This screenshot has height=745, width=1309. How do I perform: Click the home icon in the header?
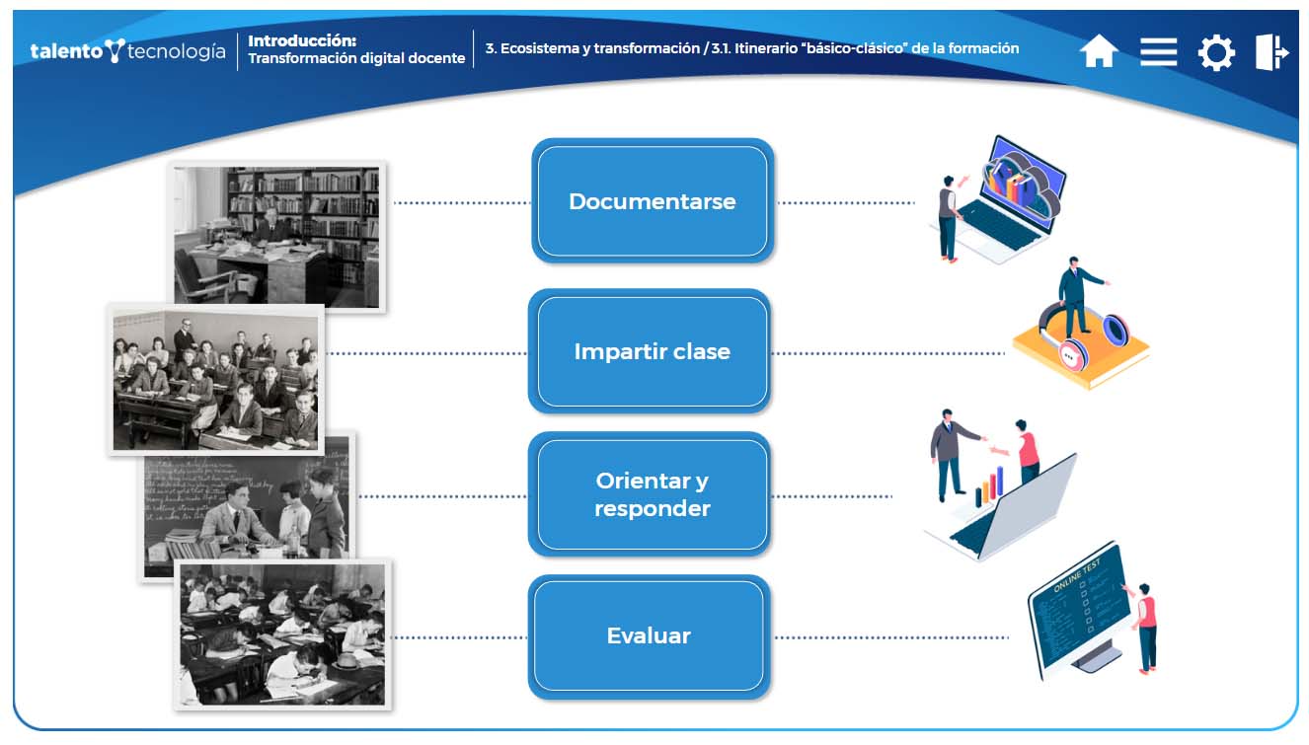point(1098,51)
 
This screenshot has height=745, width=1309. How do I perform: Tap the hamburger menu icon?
point(1158,51)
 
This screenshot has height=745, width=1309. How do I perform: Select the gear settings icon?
point(1215,52)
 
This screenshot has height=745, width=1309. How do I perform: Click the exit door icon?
point(1271,51)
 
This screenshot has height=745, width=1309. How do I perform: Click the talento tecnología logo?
point(127,50)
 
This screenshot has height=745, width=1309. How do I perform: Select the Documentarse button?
point(652,201)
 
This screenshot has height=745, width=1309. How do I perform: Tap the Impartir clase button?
point(652,352)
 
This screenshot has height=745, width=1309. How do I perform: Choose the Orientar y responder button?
point(652,494)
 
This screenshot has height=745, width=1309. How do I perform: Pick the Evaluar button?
point(648,636)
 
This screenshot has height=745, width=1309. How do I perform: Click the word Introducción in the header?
point(301,40)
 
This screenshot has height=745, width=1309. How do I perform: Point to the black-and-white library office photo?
point(276,237)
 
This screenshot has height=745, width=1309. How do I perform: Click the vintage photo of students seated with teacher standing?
point(215,379)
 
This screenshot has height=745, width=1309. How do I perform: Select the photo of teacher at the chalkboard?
point(247,505)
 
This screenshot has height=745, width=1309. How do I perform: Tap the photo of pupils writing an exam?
point(282,633)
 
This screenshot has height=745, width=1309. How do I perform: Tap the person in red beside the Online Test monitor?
point(1145,627)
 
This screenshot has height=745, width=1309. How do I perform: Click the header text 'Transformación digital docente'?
point(356,58)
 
